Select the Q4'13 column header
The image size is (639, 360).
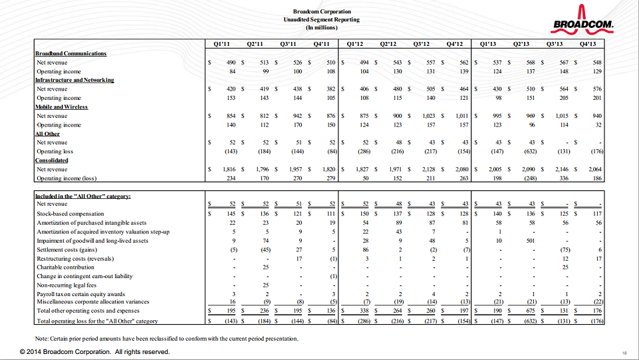pos(588,45)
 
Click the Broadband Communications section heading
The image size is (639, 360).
pos(70,53)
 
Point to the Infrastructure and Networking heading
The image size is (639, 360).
pos(74,80)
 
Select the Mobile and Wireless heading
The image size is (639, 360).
pos(61,106)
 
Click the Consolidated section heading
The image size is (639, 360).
pos(52,160)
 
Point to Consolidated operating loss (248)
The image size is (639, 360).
pos(529,178)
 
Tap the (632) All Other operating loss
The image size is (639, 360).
pos(529,152)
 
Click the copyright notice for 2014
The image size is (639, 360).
pos(95,351)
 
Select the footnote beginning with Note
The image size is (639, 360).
pos(167,338)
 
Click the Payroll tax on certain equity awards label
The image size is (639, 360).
pos(81,293)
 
